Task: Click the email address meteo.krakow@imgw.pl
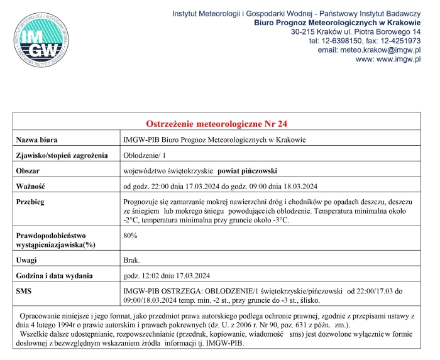tap(369, 50)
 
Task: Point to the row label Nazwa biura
tap(38, 139)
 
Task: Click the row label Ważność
tap(31, 187)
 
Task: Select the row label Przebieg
tap(32, 202)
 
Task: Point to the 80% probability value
tap(131, 235)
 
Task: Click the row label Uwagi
tap(28, 259)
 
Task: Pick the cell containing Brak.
tap(132, 259)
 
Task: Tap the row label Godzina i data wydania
tap(55, 275)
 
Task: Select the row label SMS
tap(25, 292)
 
